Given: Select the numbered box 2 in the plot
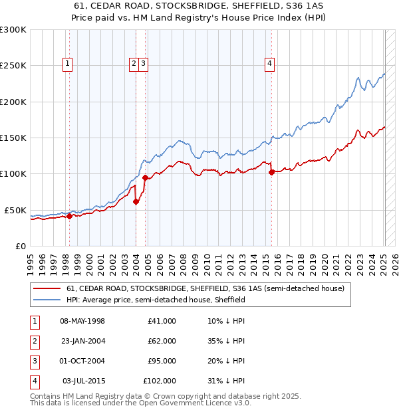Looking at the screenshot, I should coord(134,64).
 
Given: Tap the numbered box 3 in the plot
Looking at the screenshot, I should coord(144,64).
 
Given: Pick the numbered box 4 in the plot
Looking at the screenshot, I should coord(270,64).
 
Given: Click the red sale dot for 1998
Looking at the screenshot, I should coord(69,215).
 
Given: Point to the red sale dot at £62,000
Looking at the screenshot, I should coord(136,201).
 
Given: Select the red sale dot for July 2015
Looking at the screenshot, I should coord(271,173).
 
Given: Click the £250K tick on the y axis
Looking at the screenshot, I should coord(13,66).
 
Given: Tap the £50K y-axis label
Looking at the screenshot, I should coord(15,210).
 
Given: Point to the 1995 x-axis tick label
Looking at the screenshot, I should coord(31,262).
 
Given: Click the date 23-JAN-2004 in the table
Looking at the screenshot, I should coord(82,341).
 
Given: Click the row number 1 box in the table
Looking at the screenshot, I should coord(34,321).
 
